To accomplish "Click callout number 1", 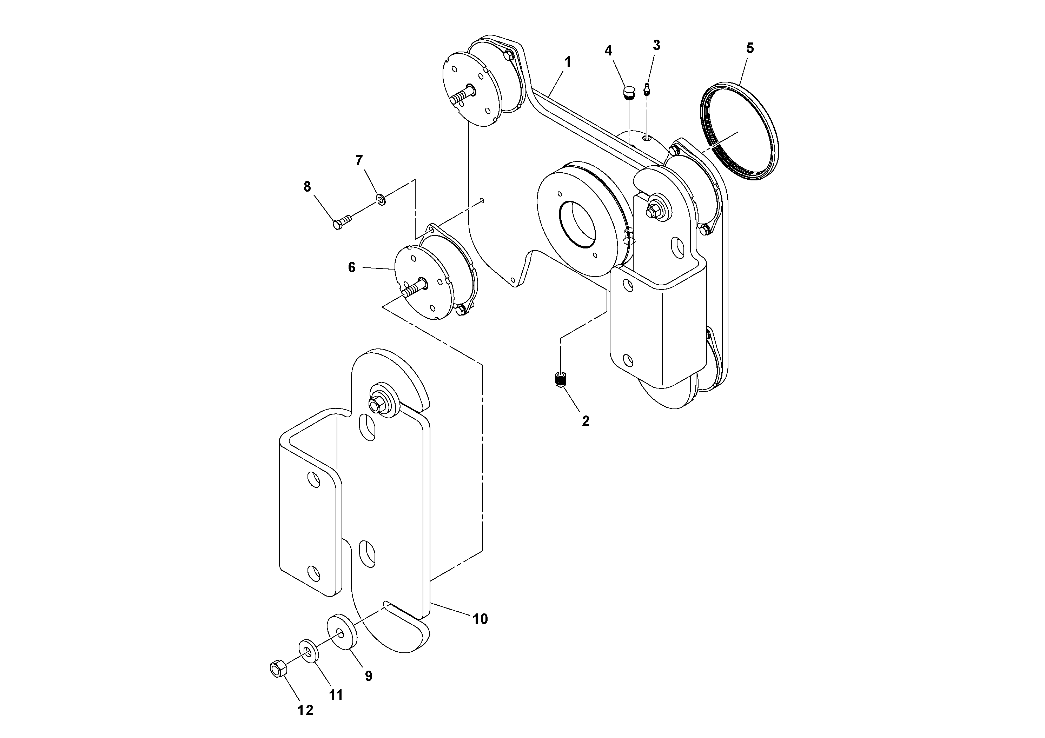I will [567, 62].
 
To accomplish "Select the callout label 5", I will [750, 48].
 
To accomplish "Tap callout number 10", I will [480, 619].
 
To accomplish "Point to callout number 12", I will [305, 710].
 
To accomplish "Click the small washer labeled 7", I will [381, 199].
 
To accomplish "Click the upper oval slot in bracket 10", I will [367, 426].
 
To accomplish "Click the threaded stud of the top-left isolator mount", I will [461, 97].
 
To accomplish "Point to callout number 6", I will [351, 267].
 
